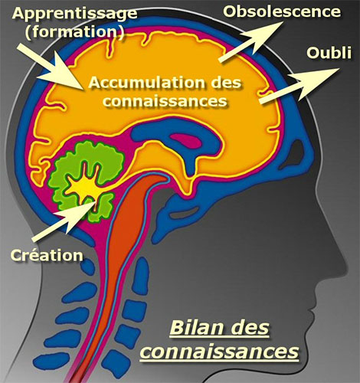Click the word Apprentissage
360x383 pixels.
74,14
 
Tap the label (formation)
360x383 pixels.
75,32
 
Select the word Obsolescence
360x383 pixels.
282,11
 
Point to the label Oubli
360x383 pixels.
329,53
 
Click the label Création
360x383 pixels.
47,255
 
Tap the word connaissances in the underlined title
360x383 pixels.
220,352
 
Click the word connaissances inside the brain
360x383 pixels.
165,100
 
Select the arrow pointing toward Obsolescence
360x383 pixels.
251,41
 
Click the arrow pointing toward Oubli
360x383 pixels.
299,86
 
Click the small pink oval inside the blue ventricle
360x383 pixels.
187,141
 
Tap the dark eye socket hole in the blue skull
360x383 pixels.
296,152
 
